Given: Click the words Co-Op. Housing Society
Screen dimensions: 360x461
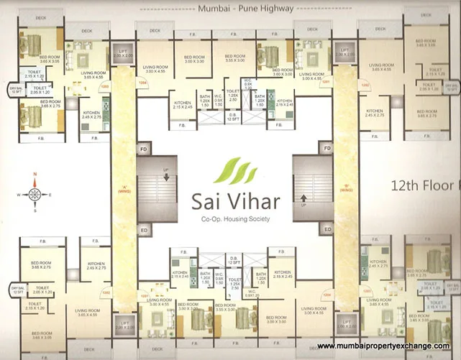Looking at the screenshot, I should tap(231, 218).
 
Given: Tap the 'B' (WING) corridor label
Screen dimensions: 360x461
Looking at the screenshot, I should tap(345, 190).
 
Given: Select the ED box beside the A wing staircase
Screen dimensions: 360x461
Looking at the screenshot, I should tap(144, 231).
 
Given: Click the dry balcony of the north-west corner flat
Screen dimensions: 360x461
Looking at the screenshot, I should tap(14, 88).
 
